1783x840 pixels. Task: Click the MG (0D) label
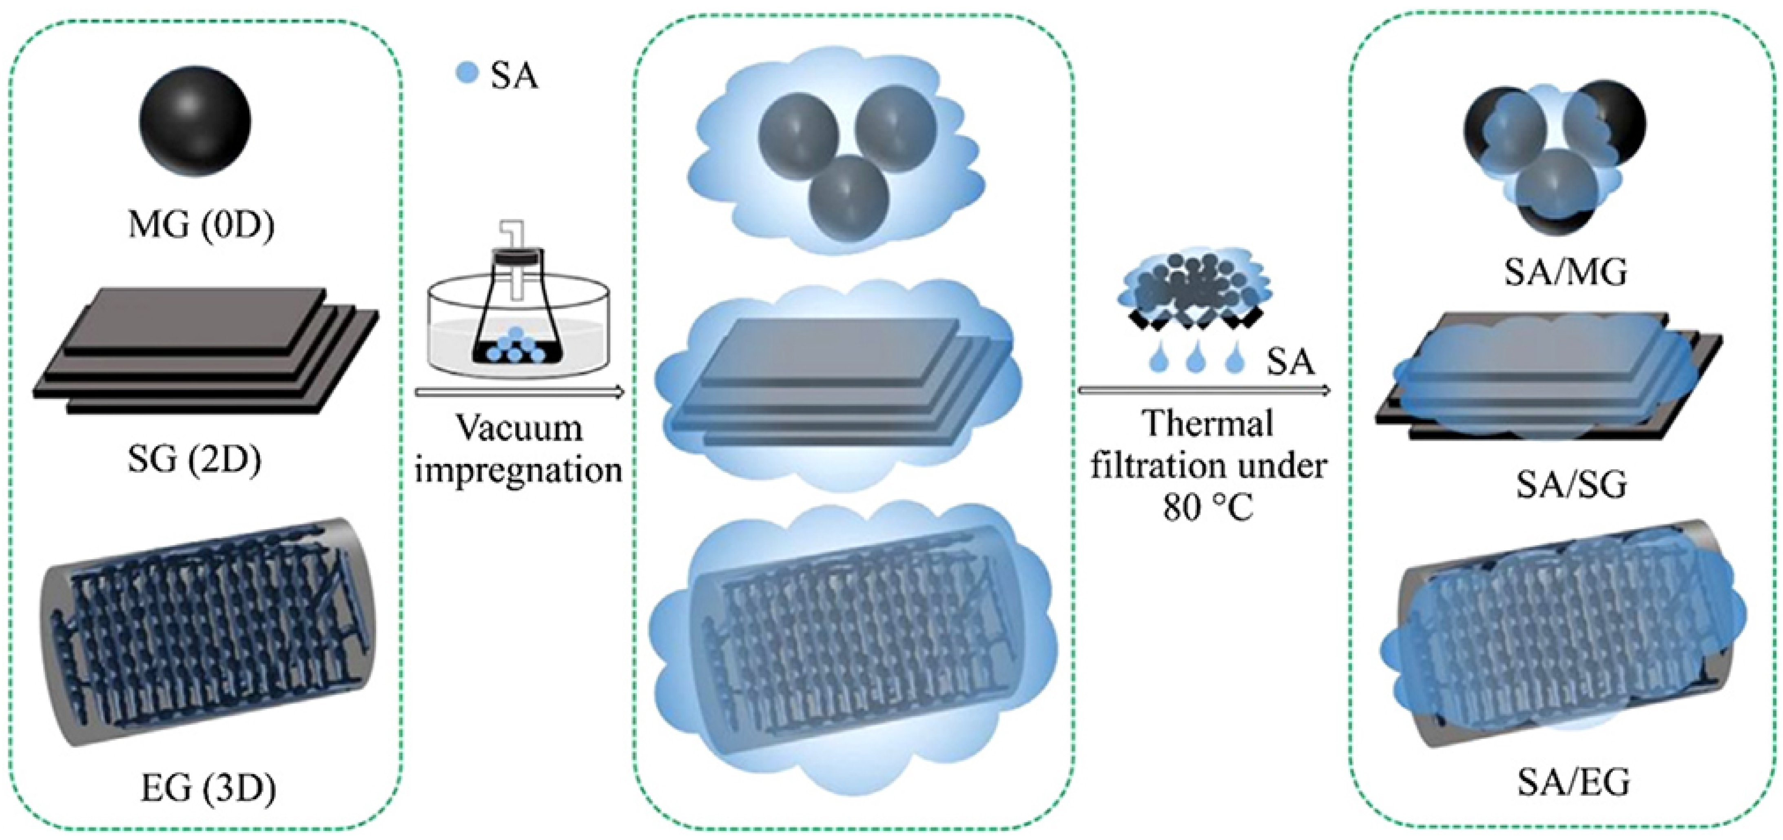[x=201, y=225]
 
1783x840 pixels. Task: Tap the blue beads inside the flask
[x=516, y=346]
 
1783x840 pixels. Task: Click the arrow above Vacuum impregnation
[x=519, y=392]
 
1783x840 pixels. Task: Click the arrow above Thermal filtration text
[x=1204, y=391]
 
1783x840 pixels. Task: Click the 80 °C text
[x=1208, y=510]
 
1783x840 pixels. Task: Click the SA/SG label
[x=1571, y=485]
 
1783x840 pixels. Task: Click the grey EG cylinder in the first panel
[x=208, y=630]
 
